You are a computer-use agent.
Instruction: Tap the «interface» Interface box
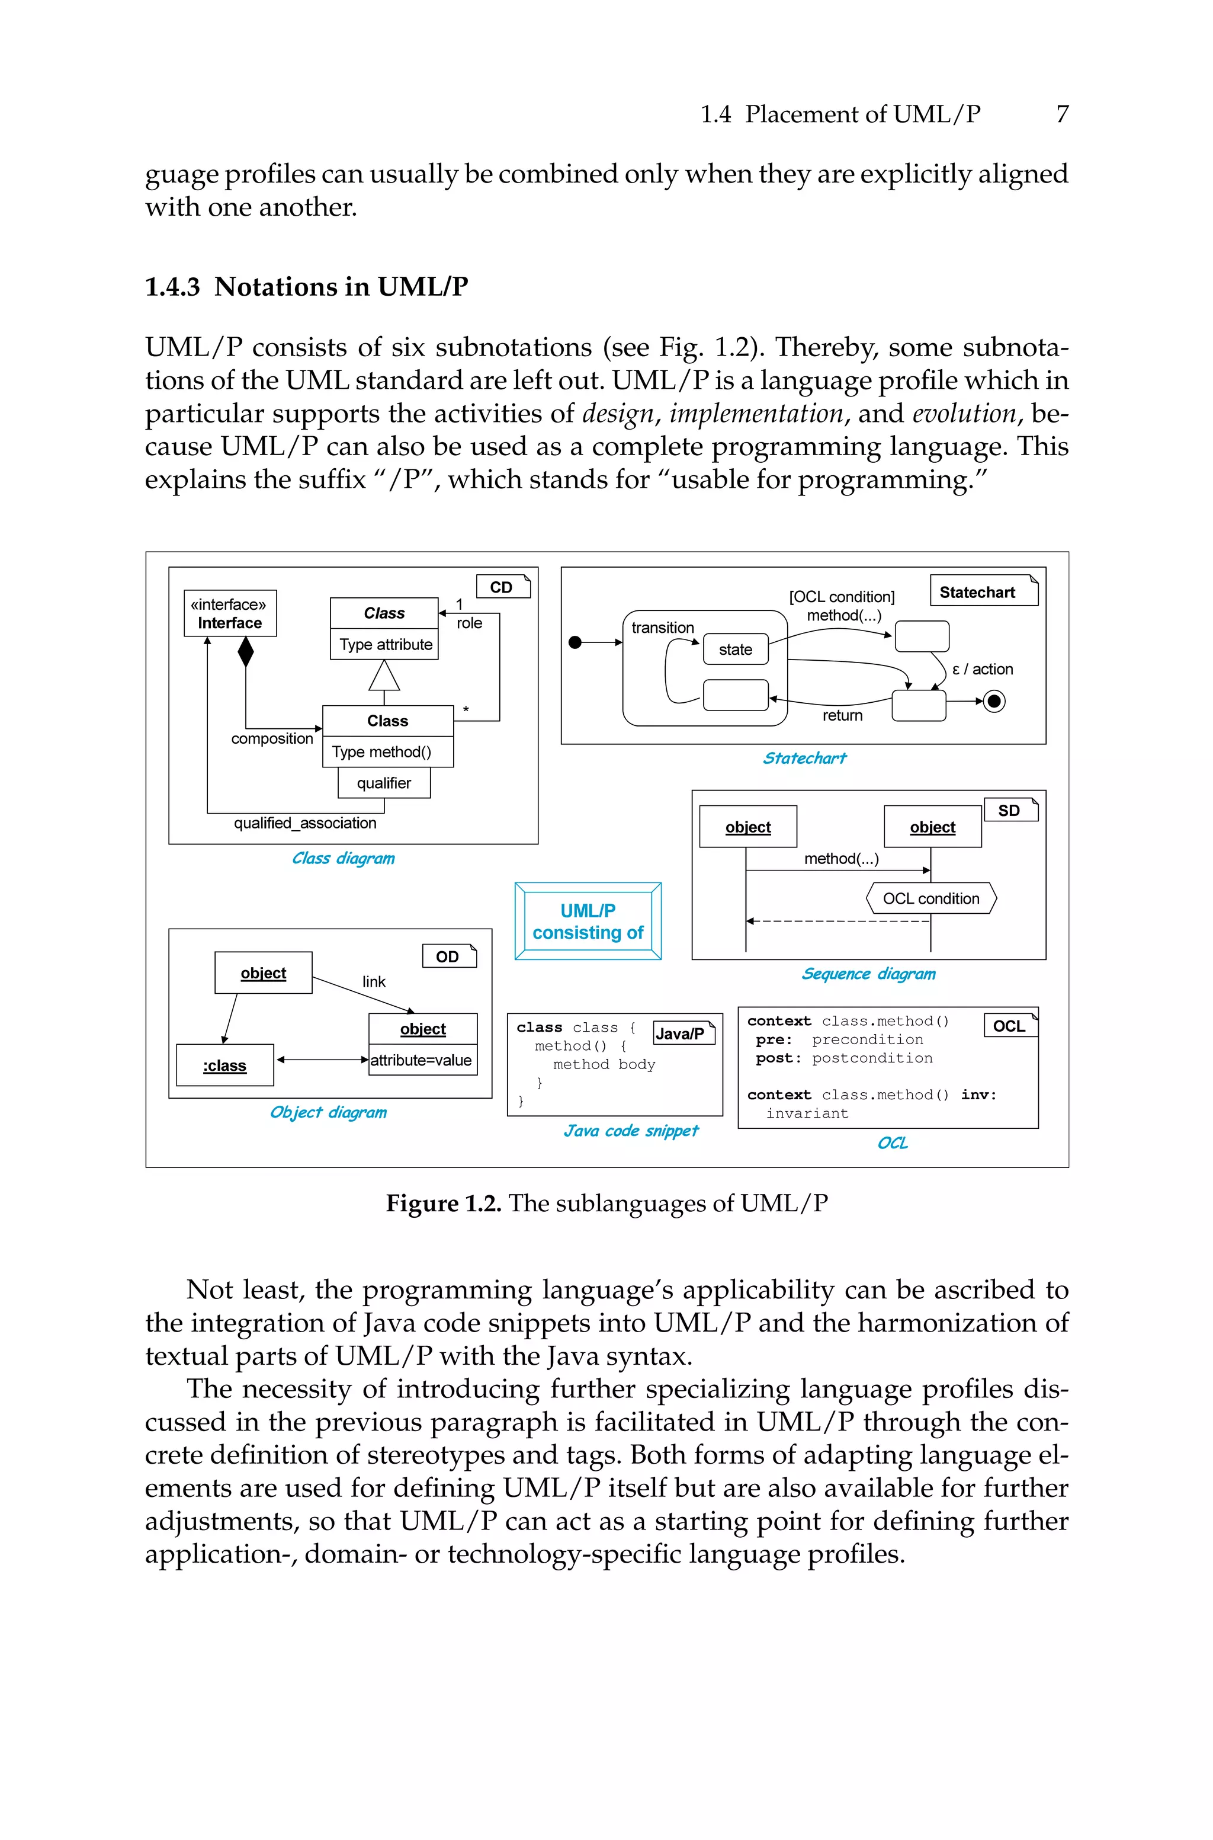coord(230,613)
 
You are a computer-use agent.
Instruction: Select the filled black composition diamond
coord(245,651)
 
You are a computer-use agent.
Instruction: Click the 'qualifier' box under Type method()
coord(384,782)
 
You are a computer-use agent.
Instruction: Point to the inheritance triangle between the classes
coord(384,676)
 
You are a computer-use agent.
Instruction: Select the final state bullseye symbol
coord(994,701)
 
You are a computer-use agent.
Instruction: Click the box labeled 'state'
coord(735,649)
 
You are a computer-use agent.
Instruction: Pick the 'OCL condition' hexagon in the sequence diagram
coord(930,898)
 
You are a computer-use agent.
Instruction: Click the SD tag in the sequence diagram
coord(1009,810)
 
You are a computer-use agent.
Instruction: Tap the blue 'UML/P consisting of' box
coord(588,921)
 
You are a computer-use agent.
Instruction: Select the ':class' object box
coord(224,1065)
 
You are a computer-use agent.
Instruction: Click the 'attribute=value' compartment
coord(422,1060)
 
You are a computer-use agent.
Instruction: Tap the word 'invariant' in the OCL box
coord(807,1113)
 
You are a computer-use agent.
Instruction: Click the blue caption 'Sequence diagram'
coord(868,974)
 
